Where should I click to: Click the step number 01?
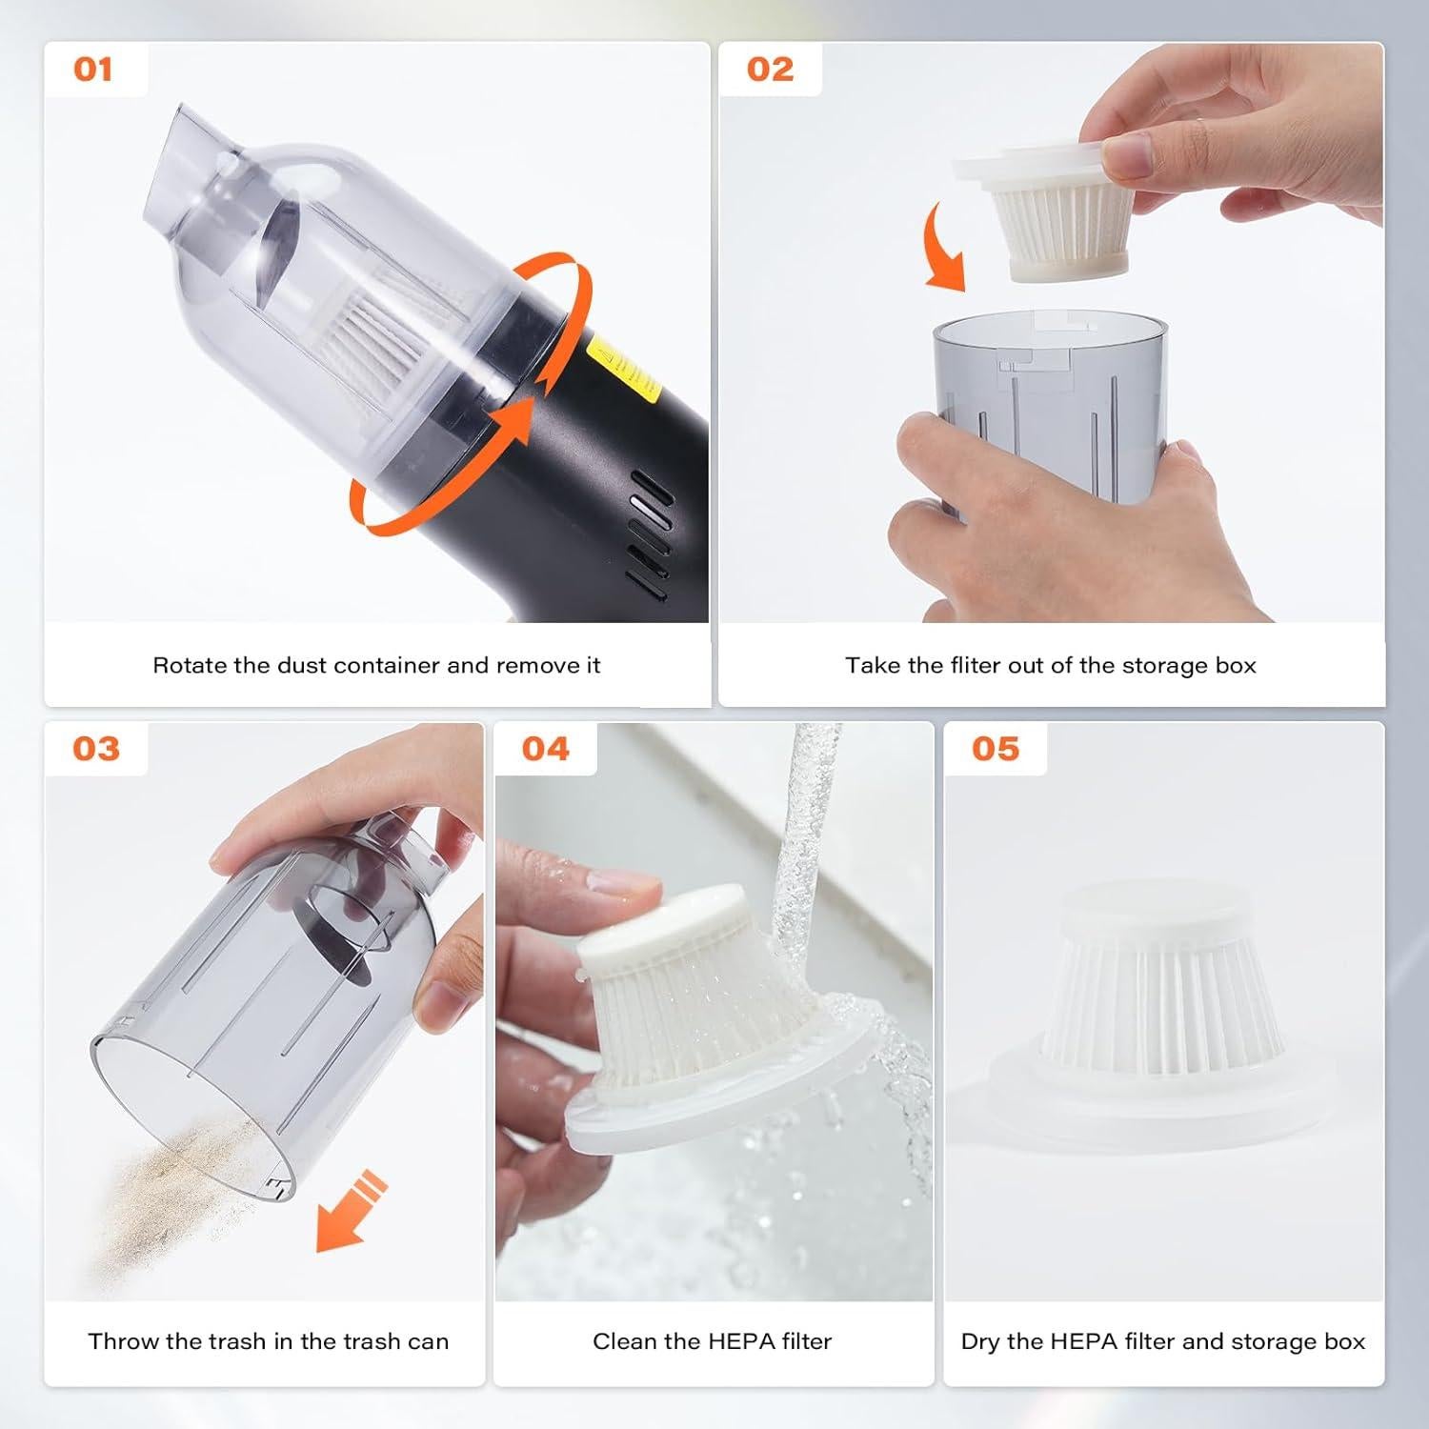click(x=93, y=70)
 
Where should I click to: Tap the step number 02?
click(x=770, y=70)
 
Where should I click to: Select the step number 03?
click(x=96, y=749)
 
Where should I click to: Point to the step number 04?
click(x=545, y=749)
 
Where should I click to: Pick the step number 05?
click(x=996, y=749)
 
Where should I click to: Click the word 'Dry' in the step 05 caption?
click(x=979, y=1342)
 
